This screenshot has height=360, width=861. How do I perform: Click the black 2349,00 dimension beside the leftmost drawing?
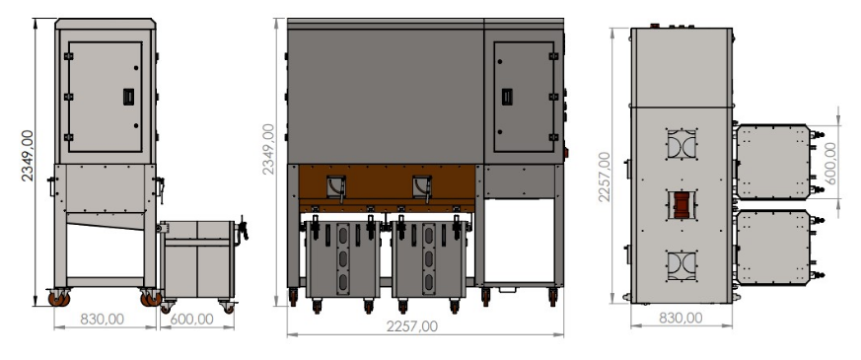27,155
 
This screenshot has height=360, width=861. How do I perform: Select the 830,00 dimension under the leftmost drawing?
103,319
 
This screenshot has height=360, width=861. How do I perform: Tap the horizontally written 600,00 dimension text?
191,319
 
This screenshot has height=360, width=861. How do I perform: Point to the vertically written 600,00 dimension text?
829,163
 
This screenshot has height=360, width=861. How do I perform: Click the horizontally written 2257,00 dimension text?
412,326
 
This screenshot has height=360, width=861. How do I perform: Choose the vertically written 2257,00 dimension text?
604,177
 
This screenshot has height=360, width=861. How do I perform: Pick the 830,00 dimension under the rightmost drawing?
681,318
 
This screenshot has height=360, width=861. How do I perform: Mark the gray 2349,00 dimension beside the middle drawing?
267,149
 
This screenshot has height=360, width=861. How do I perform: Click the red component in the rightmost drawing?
681,205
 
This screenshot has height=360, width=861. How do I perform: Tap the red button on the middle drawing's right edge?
565,153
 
